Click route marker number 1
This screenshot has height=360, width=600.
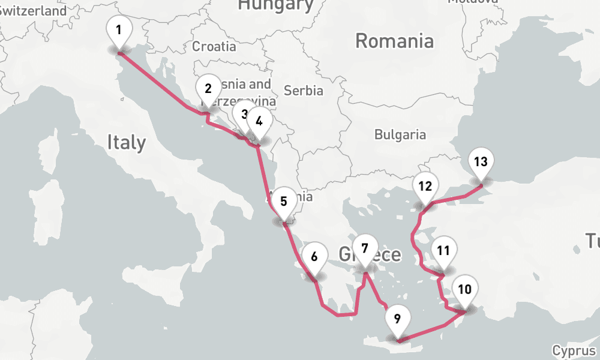pos(119,30)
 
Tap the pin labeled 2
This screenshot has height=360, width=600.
pos(208,89)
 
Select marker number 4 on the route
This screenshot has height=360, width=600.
pos(259,121)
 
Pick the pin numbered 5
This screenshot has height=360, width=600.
pos(284,201)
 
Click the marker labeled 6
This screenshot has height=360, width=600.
pos(314,256)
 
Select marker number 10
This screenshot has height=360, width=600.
pos(464,289)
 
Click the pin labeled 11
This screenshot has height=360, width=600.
pos(443,250)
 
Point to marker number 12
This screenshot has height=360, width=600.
pos(425,185)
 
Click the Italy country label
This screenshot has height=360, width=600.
pos(126,142)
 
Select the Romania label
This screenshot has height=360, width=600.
pos(394,41)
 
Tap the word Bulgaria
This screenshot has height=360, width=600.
pos(400,134)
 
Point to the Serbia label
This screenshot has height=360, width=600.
pos(303,91)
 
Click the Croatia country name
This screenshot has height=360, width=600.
pos(214,46)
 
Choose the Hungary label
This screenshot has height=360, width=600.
pos(275,5)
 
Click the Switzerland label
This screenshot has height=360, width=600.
pos(33,11)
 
